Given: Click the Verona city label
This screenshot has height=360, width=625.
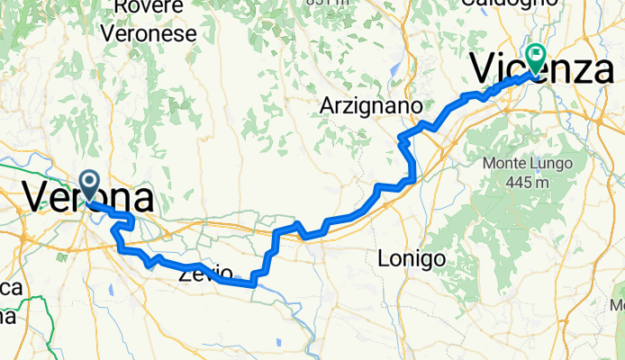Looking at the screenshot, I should point(86,197).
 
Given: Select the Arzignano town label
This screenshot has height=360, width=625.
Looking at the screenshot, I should point(371,106).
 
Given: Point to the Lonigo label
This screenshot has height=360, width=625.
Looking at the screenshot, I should point(412,259).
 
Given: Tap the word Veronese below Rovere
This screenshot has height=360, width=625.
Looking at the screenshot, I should point(149,34).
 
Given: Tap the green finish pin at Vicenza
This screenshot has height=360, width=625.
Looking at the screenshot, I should point(535,58).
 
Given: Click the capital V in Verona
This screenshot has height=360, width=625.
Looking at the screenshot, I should point(38,197).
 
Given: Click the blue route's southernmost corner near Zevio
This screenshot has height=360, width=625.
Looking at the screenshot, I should point(253,284).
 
